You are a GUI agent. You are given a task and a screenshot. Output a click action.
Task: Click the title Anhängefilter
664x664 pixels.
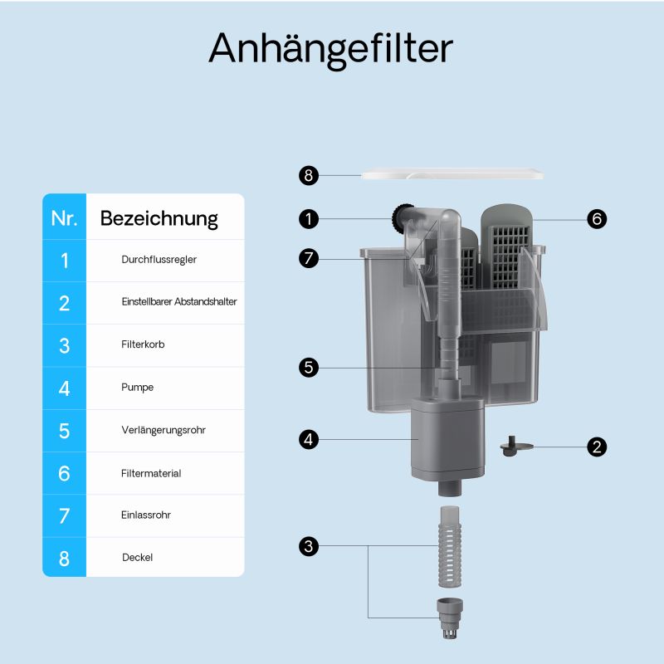click(x=330, y=48)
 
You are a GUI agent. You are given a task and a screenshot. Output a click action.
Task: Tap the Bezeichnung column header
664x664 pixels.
click(x=159, y=218)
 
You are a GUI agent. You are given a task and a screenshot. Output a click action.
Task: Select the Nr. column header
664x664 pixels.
click(x=64, y=218)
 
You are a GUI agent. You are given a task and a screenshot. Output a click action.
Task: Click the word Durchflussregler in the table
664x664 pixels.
click(x=159, y=260)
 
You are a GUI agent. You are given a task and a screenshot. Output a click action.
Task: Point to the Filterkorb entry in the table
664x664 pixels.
click(x=143, y=344)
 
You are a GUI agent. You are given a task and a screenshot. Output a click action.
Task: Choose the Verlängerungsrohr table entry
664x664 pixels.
click(x=163, y=430)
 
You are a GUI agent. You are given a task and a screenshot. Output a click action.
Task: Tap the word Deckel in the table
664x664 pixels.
click(x=137, y=558)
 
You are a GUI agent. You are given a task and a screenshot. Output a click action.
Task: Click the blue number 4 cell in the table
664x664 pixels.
click(x=64, y=388)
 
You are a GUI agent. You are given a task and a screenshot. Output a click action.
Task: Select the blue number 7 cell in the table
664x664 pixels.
click(x=64, y=515)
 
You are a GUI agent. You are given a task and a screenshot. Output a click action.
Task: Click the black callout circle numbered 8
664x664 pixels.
click(x=309, y=175)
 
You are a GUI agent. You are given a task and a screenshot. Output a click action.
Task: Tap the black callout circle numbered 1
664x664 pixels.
click(x=309, y=219)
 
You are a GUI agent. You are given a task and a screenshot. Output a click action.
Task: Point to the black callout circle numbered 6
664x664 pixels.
click(x=596, y=219)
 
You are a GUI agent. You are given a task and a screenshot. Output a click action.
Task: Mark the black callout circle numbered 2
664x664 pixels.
click(x=596, y=447)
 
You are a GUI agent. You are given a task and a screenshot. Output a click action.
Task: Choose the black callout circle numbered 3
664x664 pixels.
click(x=309, y=545)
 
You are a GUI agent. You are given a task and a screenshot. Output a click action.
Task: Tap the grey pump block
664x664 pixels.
click(x=447, y=437)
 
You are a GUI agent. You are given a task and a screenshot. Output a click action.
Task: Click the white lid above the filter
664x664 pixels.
click(x=452, y=175)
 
